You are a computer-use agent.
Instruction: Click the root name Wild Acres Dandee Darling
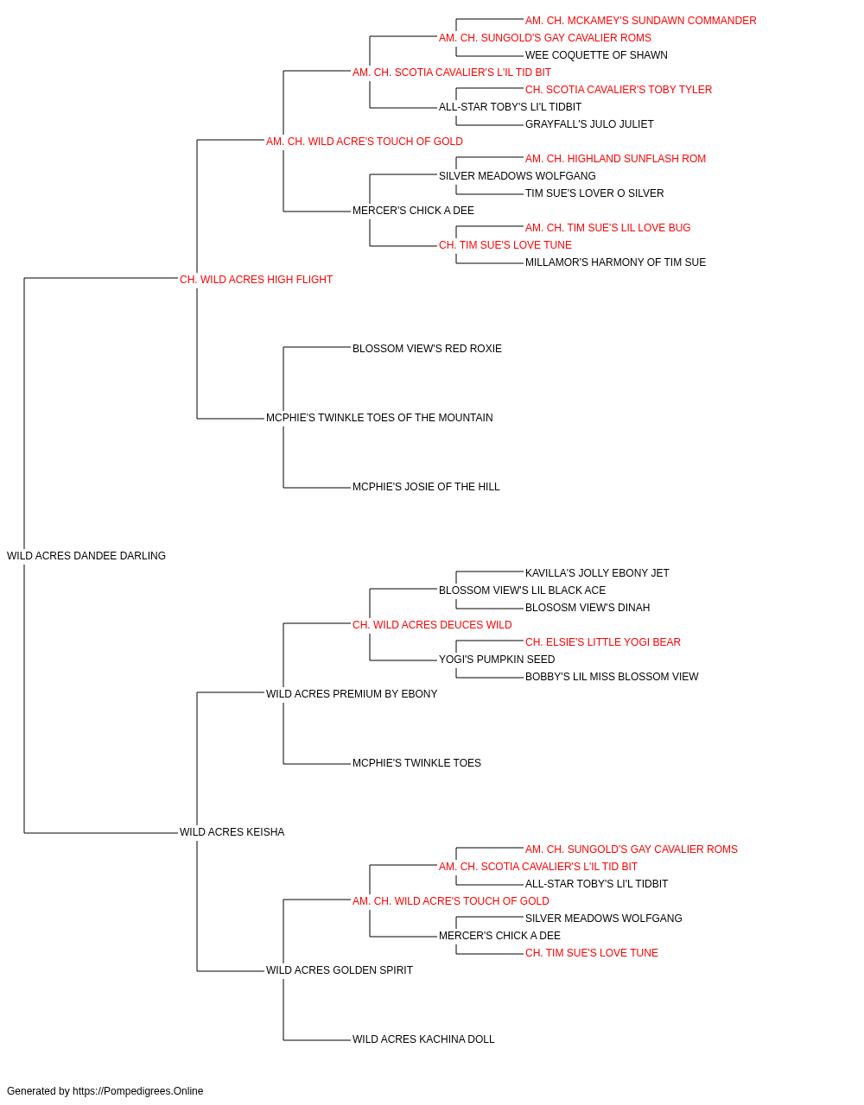point(86,556)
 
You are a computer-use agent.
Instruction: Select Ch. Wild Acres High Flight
point(256,280)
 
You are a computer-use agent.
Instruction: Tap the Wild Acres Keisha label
point(232,832)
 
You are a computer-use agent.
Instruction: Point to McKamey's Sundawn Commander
point(640,21)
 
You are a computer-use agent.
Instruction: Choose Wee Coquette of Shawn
point(596,55)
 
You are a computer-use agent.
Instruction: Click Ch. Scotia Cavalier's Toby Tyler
point(619,90)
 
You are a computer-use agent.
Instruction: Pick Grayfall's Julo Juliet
point(589,124)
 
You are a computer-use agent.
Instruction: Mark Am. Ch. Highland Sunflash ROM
point(615,159)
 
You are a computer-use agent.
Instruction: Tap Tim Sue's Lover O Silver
point(594,193)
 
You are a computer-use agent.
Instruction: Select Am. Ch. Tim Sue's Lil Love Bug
point(607,228)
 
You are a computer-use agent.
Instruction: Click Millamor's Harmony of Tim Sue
point(615,263)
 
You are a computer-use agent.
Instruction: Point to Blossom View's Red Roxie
point(427,349)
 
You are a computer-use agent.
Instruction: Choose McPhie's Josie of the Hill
point(426,487)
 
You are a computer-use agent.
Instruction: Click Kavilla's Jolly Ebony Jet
point(597,573)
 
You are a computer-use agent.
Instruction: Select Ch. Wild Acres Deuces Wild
point(432,625)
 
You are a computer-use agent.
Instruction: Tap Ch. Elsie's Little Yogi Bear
point(602,642)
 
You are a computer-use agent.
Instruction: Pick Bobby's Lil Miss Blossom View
point(612,677)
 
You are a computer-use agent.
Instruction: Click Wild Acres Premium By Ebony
point(352,694)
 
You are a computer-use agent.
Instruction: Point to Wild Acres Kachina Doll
point(423,1039)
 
